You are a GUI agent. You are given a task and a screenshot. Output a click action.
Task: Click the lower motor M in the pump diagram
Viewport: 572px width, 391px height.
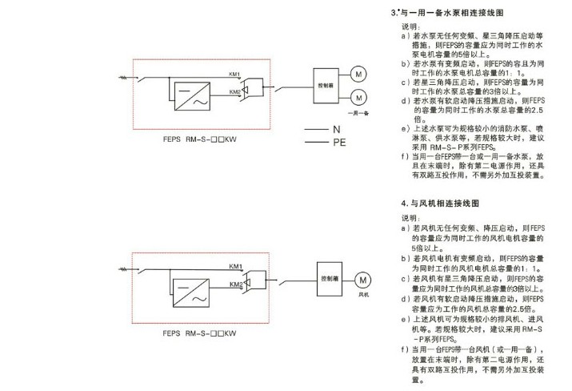pyautogui.click(x=359, y=99)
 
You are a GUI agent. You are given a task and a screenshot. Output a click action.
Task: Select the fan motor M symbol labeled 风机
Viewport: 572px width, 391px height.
pyautogui.click(x=365, y=280)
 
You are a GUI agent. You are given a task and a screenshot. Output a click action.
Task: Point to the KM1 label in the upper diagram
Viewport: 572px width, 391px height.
pyautogui.click(x=234, y=71)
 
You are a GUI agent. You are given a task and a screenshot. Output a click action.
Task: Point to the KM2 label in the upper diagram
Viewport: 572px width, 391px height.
pyautogui.click(x=234, y=91)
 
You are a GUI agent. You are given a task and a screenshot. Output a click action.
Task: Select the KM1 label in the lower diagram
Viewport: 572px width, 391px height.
pyautogui.click(x=235, y=267)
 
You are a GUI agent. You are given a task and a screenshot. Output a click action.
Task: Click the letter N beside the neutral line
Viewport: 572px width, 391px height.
pyautogui.click(x=337, y=128)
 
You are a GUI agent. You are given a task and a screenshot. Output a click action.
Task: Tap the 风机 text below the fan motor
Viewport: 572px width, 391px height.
pyautogui.click(x=365, y=295)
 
